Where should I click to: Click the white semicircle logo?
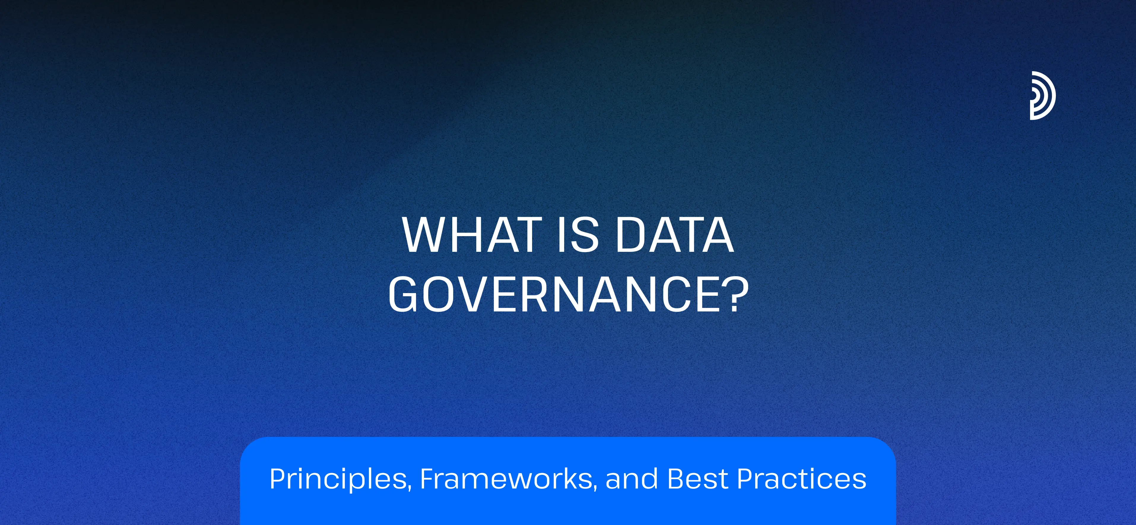1043,96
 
